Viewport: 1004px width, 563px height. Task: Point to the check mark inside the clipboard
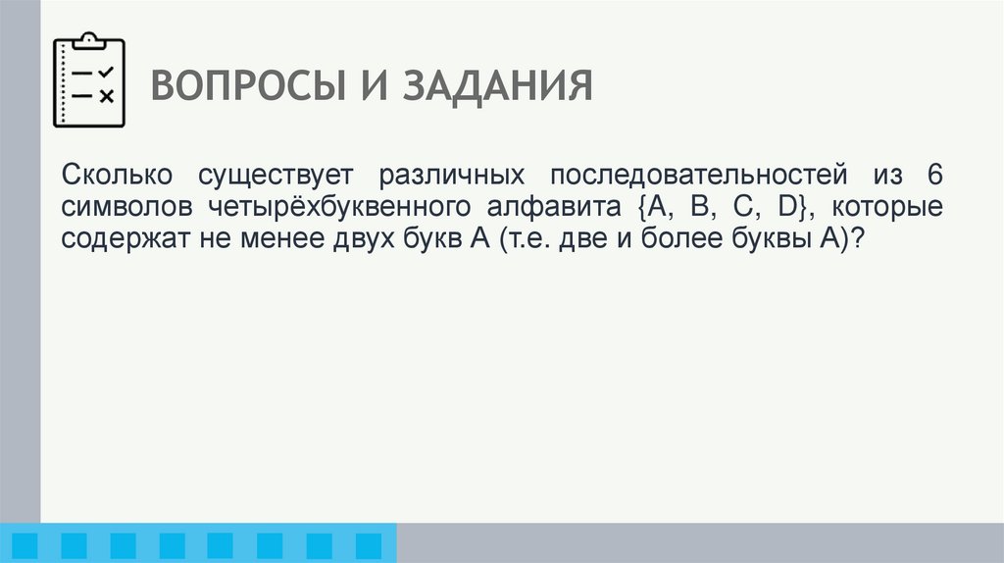tap(107, 72)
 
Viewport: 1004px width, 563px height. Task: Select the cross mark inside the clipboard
tap(107, 96)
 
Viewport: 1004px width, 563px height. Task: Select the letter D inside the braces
tap(787, 207)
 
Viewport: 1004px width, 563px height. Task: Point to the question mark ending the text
tap(857, 238)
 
